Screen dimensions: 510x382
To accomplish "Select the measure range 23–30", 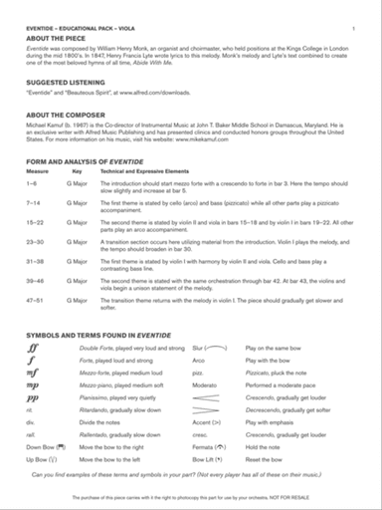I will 34,240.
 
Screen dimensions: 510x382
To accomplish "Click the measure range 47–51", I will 34,298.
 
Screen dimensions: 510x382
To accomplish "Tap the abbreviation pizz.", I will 197,371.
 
